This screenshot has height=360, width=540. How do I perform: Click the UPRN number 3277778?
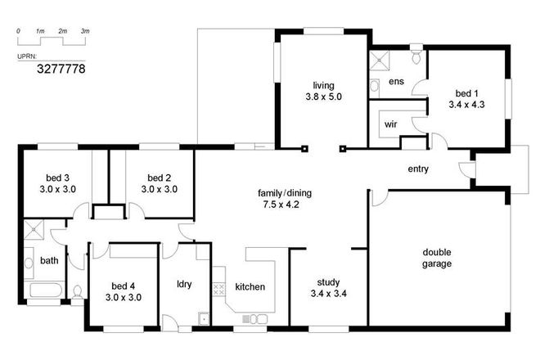coord(61,69)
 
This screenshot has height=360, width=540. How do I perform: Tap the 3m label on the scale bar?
coord(84,30)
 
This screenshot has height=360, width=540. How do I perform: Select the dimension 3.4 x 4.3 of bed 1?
coord(467,105)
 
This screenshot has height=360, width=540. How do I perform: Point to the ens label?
coord(396,82)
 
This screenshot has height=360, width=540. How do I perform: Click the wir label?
coord(390,126)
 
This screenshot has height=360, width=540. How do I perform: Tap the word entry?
coord(418,169)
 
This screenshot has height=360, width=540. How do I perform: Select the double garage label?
coord(438,258)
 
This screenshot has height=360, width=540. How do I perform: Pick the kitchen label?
coord(250,287)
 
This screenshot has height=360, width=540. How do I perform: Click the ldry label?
coord(184,285)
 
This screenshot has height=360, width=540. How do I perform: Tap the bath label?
coord(49,261)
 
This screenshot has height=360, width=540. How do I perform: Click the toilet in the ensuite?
coord(416,56)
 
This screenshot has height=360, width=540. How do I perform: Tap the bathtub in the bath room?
coord(45,291)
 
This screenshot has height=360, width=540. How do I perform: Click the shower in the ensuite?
coord(380,59)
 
